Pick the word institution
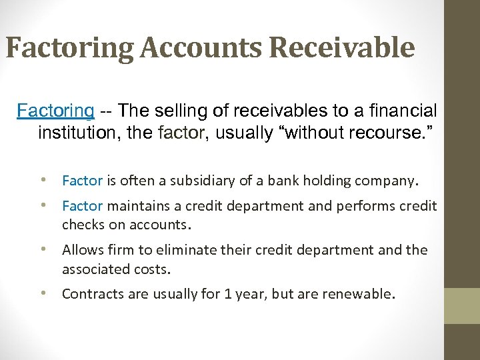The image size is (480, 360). [x=74, y=133]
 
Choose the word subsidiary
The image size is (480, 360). [x=205, y=180]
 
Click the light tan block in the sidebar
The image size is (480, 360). [x=462, y=305]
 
